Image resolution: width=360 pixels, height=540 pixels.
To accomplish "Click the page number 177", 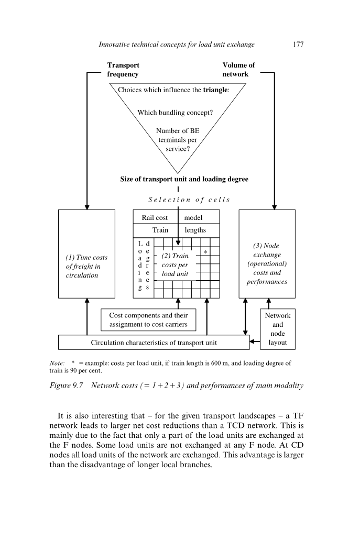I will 298,45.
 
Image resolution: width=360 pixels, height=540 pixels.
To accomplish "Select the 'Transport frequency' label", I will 123,70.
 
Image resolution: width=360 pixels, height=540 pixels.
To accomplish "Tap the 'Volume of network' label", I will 238,70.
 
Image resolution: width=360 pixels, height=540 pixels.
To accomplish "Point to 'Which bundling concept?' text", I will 175,113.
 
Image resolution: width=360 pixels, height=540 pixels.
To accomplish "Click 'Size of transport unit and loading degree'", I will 184,179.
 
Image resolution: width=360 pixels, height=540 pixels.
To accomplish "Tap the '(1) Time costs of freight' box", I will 86,266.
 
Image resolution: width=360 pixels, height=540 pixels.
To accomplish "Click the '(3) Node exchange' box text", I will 267,263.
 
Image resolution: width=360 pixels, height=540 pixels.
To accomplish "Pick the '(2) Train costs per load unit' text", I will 175,265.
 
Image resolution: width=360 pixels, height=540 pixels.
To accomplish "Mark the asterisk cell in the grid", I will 205,252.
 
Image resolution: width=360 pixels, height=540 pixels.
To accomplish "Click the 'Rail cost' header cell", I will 155,217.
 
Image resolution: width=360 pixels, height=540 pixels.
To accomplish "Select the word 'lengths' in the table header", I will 195,230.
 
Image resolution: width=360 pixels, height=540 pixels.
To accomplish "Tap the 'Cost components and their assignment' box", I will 148,320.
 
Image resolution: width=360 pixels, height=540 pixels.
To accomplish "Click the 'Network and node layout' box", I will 277,329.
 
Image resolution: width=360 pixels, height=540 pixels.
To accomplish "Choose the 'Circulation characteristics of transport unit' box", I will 154,343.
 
